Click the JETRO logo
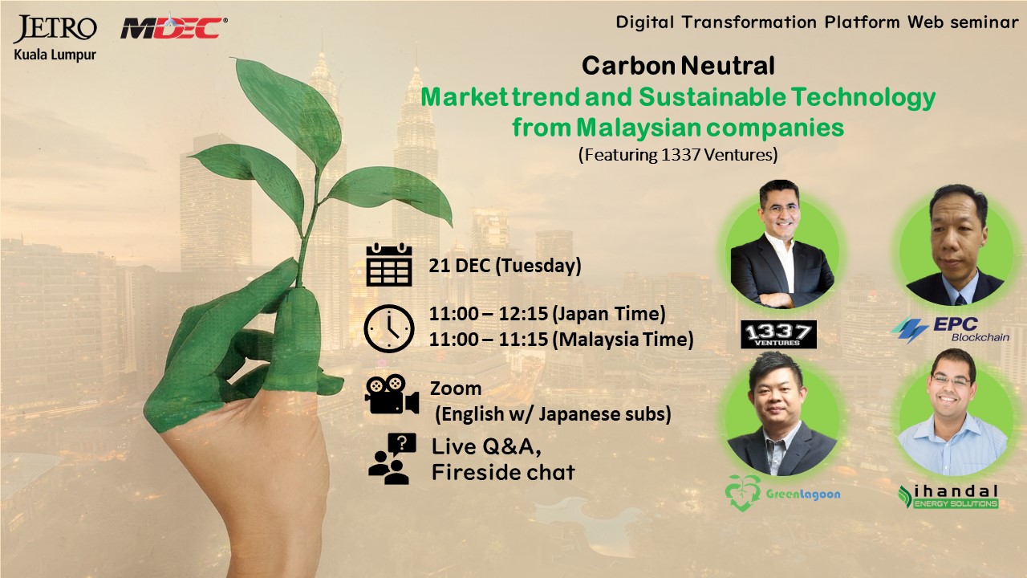[x=55, y=28]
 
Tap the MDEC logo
[x=174, y=27]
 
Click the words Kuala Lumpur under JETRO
[x=55, y=55]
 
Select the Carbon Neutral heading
[x=678, y=66]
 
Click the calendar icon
[x=389, y=265]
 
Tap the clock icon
[x=389, y=328]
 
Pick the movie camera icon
[x=392, y=394]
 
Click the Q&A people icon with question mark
[x=392, y=458]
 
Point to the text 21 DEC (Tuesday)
[x=505, y=266]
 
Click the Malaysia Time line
[x=561, y=340]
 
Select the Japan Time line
[x=547, y=314]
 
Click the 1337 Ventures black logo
[x=778, y=335]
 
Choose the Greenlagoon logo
[x=782, y=493]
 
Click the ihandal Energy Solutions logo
[x=948, y=497]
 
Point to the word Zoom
[x=456, y=389]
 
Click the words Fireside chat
[x=503, y=472]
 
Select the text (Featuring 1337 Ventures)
[x=678, y=155]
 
